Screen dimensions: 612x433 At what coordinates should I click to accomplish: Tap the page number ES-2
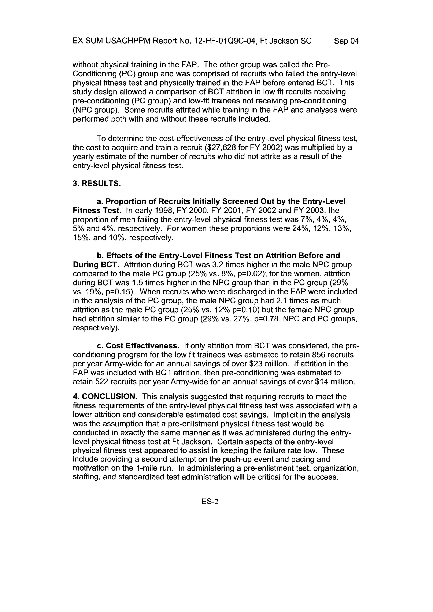pos(210,502)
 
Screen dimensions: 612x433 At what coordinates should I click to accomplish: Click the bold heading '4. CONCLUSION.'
pos(105,396)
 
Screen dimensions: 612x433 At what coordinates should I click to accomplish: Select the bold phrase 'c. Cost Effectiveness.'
pos(138,346)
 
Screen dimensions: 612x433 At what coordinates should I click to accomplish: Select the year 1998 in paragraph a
pos(162,211)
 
